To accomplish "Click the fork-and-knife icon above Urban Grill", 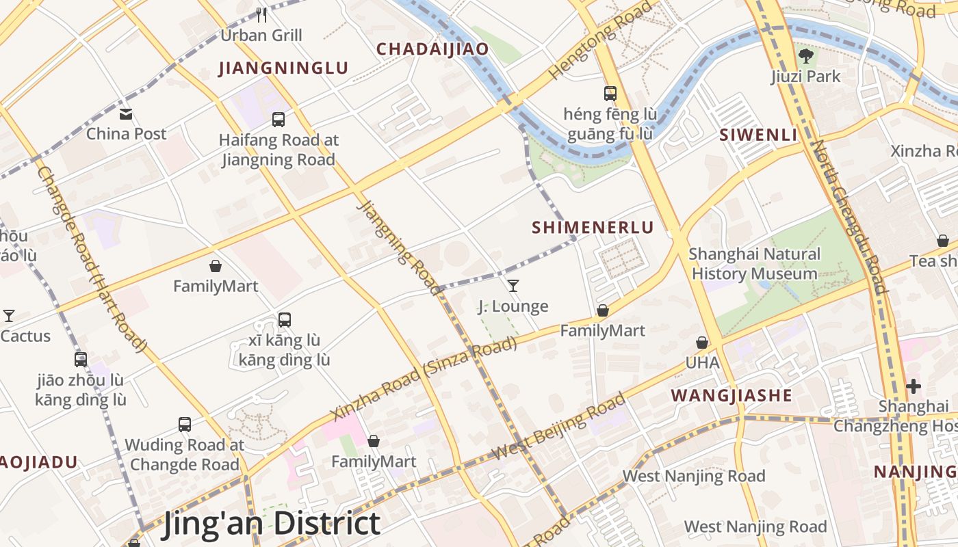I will point(261,14).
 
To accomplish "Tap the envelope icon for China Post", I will point(126,114).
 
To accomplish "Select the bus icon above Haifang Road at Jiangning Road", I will point(279,120).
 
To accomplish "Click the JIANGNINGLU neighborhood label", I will point(283,68).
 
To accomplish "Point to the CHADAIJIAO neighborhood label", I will point(432,49).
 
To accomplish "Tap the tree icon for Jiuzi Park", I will point(806,55).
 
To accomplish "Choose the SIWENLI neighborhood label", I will point(758,135).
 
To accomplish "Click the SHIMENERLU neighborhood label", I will point(593,228).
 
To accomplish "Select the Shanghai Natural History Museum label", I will point(754,264).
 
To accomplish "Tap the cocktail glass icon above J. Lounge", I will point(513,285).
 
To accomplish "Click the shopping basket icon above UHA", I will point(702,342).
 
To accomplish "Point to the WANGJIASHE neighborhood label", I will point(732,395).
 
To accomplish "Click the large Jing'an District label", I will point(271,524).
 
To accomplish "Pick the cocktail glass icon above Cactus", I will point(9,315).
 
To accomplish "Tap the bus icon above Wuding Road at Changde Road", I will point(185,424).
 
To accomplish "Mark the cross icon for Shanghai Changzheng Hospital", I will point(914,386).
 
